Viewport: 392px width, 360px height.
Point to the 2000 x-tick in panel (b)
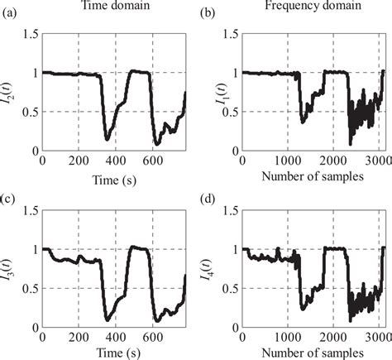(x=332, y=161)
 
